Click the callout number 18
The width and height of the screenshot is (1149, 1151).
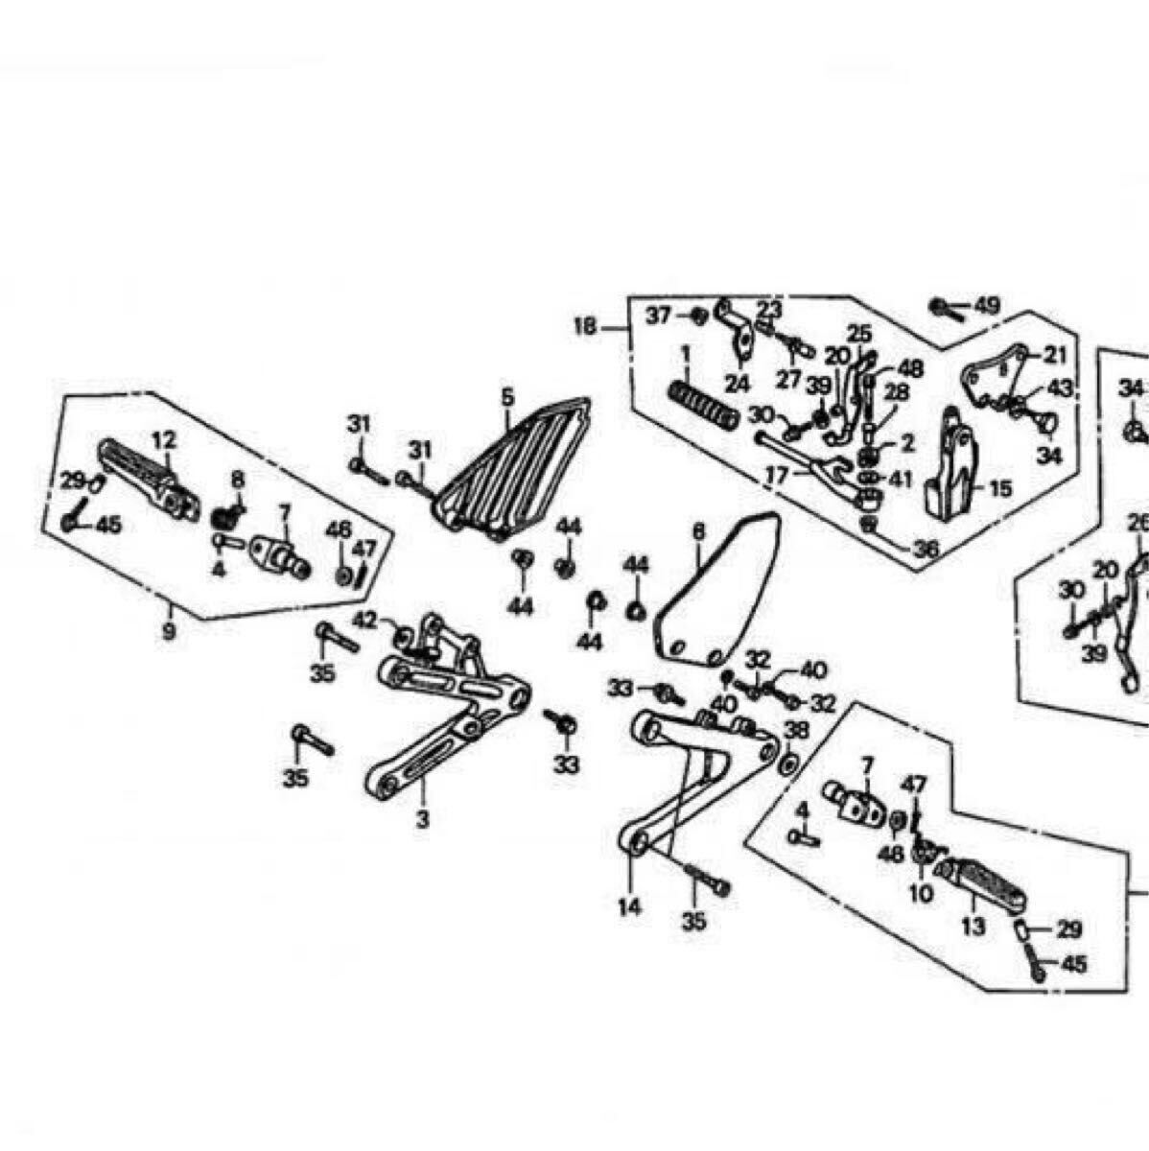pyautogui.click(x=584, y=326)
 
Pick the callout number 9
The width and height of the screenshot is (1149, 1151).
pyautogui.click(x=169, y=632)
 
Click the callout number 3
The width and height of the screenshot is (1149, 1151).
pyautogui.click(x=423, y=819)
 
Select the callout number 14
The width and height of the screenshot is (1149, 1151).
pyautogui.click(x=629, y=906)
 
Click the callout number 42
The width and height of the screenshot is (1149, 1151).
pyautogui.click(x=364, y=621)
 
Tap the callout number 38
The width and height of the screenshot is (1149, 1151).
pyautogui.click(x=796, y=731)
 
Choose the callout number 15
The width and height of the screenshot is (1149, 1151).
pyautogui.click(x=999, y=489)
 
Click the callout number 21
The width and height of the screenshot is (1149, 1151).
pyautogui.click(x=1055, y=355)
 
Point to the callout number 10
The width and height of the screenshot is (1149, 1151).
pyautogui.click(x=920, y=894)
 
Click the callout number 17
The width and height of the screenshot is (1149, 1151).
pyautogui.click(x=777, y=475)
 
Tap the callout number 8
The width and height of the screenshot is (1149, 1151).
pyautogui.click(x=237, y=479)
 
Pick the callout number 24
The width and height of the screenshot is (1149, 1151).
pyautogui.click(x=736, y=384)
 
